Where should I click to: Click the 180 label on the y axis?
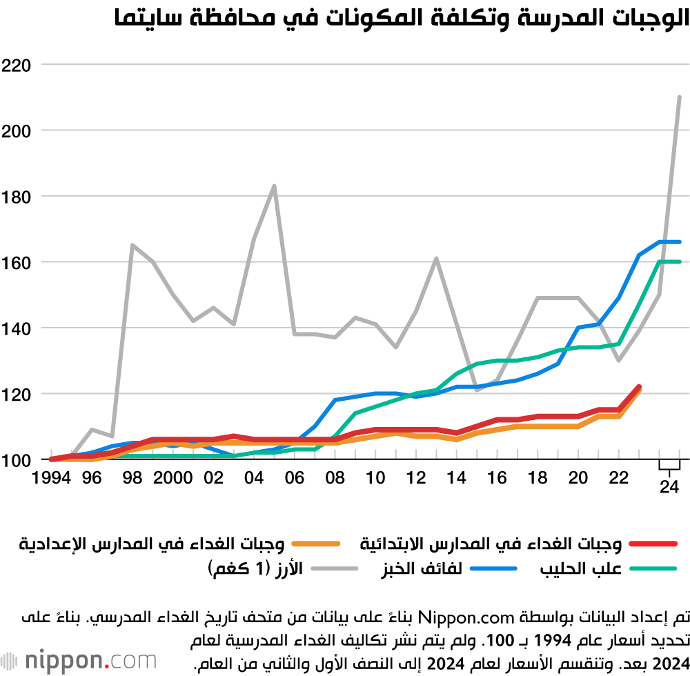18,197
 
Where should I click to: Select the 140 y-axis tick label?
18,328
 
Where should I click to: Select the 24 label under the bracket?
669,487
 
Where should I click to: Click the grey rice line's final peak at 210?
680,97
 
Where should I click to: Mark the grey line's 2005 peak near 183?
274,186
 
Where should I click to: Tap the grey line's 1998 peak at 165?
132,245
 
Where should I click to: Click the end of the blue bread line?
680,242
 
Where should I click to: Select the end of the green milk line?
680,261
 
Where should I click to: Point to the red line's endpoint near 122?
639,387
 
